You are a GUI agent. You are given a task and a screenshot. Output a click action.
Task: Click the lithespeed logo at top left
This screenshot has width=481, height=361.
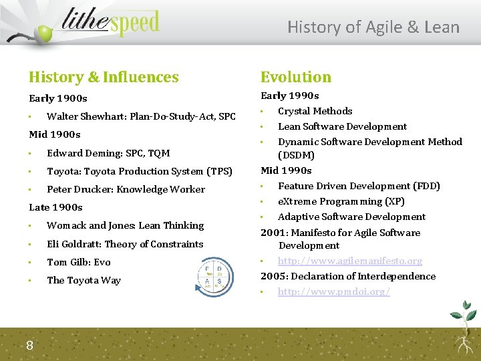point(100,25)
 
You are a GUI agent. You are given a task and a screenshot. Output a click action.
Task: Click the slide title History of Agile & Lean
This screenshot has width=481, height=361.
point(373,27)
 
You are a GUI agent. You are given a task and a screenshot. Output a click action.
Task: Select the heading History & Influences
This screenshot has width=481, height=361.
point(104,78)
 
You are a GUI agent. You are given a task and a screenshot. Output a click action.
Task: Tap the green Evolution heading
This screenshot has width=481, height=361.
point(295,78)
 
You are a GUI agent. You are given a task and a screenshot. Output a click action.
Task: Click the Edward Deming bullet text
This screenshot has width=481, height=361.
point(108,153)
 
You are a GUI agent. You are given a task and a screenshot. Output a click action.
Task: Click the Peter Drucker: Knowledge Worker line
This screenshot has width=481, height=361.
point(126,189)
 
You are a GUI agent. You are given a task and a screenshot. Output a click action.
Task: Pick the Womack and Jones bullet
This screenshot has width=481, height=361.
point(125,225)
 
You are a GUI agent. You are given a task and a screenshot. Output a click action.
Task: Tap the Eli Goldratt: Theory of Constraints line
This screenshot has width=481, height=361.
point(125,244)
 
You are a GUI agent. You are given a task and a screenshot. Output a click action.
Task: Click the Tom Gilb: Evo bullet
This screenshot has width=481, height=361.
point(79,262)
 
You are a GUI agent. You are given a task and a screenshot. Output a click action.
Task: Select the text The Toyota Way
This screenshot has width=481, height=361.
point(84,280)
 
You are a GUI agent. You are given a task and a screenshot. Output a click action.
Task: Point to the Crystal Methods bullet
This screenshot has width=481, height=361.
point(315,111)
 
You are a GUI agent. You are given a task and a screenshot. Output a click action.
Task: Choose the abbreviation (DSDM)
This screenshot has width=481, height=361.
point(296,155)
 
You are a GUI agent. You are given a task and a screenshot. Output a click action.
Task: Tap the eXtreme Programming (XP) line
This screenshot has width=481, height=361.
point(341,201)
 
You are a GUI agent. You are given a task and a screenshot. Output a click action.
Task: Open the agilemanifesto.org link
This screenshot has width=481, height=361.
point(349,261)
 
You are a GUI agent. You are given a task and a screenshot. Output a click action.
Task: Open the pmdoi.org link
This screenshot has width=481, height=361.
point(333,291)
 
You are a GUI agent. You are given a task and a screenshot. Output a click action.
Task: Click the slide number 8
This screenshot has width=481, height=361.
point(30,345)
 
